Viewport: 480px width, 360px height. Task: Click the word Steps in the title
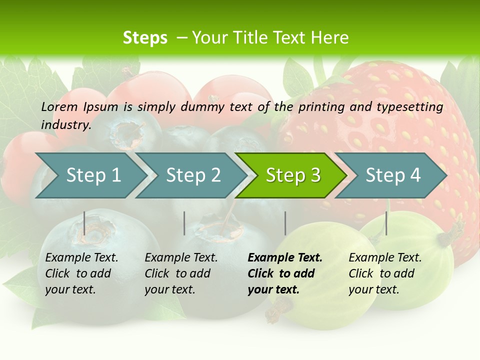tap(145, 38)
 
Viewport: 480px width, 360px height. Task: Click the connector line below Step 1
tap(84, 223)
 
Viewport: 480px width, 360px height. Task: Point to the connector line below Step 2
tap(184, 223)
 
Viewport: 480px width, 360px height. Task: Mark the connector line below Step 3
tap(285, 223)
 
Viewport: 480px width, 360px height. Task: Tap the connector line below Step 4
tap(386, 223)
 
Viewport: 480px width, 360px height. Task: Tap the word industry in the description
tap(66, 124)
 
